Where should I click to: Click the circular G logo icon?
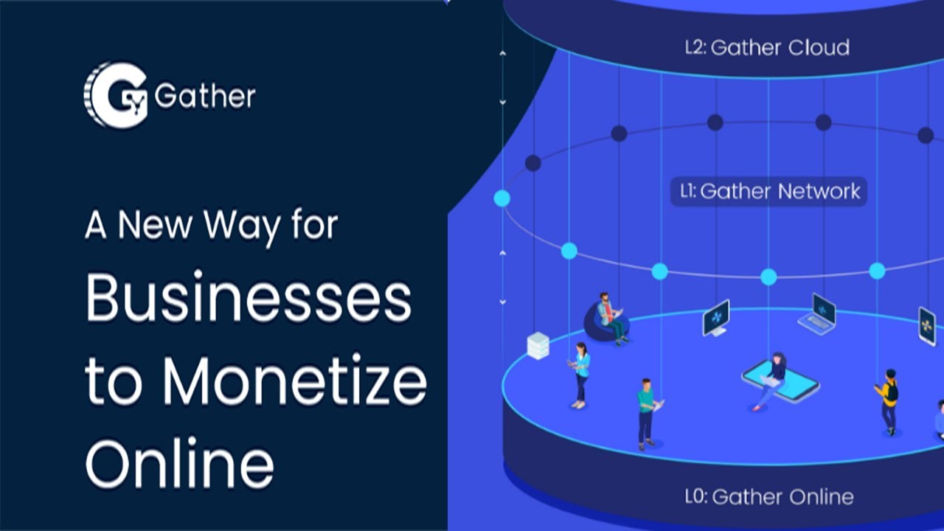click(116, 95)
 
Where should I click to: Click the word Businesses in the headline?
click(248, 301)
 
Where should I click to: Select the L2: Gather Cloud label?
click(766, 48)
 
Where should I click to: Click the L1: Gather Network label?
click(768, 192)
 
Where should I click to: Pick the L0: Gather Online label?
click(769, 496)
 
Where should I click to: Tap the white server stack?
click(538, 345)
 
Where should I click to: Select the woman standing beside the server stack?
click(581, 374)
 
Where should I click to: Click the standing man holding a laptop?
click(648, 413)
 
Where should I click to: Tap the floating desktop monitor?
click(715, 318)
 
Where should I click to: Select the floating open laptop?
click(819, 314)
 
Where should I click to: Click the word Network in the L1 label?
click(819, 192)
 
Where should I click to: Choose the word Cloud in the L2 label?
click(818, 48)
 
